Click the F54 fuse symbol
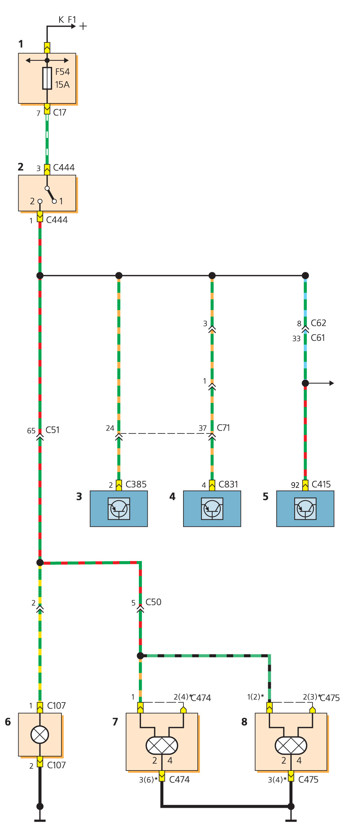coord(47,78)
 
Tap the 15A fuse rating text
coord(62,84)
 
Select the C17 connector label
coord(60,112)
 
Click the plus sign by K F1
coord(83,26)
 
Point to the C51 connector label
coord(52,430)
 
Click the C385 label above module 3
coord(136,484)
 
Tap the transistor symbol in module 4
coord(212,508)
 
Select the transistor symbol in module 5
coord(305,508)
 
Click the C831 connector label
coord(228,484)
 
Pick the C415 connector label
coord(321,484)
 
